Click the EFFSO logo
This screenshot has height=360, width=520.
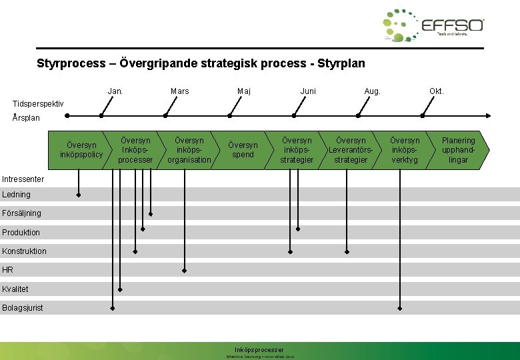(x=433, y=27)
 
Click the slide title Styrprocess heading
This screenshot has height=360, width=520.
(x=201, y=64)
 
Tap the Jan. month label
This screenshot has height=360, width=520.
(x=115, y=91)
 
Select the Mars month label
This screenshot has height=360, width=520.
(x=179, y=91)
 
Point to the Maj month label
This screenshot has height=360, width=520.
(x=244, y=91)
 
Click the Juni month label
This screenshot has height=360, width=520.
(x=308, y=91)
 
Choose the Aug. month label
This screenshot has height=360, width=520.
(x=372, y=91)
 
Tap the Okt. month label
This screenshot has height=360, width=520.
(x=436, y=91)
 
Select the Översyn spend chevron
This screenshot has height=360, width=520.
(x=243, y=150)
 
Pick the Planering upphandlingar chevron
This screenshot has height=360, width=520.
(x=459, y=150)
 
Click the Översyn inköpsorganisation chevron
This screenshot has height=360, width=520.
(x=189, y=150)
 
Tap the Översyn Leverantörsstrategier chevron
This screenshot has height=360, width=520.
(x=351, y=150)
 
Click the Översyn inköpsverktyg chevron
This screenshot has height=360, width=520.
(x=405, y=150)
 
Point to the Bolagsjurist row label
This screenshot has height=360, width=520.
(x=23, y=308)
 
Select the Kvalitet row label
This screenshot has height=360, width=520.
(x=15, y=289)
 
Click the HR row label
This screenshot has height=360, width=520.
(x=7, y=270)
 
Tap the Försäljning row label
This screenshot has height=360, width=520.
(x=21, y=213)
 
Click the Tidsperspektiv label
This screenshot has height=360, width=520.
(x=39, y=104)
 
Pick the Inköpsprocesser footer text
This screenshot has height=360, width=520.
(x=259, y=350)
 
